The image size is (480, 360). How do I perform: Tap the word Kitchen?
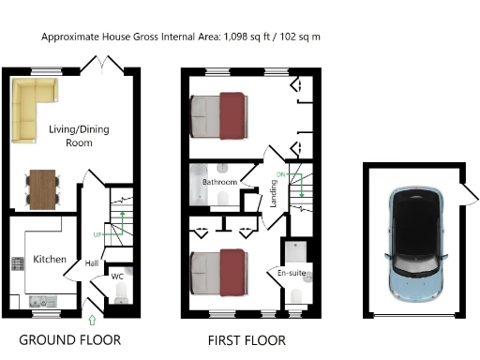(49, 258)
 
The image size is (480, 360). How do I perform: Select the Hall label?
(92, 264)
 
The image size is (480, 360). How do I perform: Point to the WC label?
(117, 277)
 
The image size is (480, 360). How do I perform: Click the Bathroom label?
(220, 181)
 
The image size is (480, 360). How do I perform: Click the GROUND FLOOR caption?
(70, 339)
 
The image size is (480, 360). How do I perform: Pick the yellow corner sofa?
(34, 99)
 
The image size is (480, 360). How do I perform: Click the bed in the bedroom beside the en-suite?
(219, 271)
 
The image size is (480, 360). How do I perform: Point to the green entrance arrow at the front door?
(91, 322)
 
